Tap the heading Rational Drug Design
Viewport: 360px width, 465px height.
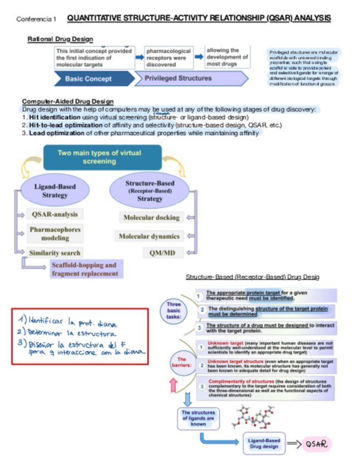60,39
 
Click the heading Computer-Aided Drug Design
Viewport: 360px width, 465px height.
67,101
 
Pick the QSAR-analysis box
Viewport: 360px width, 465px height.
54,214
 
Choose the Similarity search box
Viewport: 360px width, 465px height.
55,253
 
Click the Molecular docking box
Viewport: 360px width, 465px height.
151,218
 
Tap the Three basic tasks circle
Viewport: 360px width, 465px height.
174,310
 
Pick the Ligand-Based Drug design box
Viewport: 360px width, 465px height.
264,444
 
